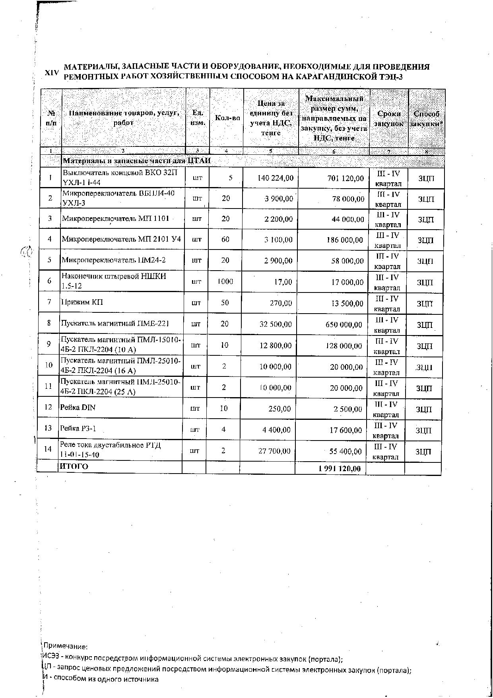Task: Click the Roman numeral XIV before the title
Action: pos(52,72)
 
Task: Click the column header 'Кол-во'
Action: pos(227,118)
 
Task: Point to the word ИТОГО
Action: pos(74,466)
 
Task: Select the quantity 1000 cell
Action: pos(225,282)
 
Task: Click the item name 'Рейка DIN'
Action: pos(78,407)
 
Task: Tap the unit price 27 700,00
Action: pos(274,451)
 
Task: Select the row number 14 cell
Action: pos(48,449)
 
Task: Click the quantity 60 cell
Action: pos(225,240)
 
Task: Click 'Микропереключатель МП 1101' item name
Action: pos(116,218)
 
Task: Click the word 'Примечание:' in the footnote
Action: pos(65,646)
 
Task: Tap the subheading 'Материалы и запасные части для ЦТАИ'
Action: pos(137,161)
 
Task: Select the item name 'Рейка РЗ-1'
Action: pos(78,429)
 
